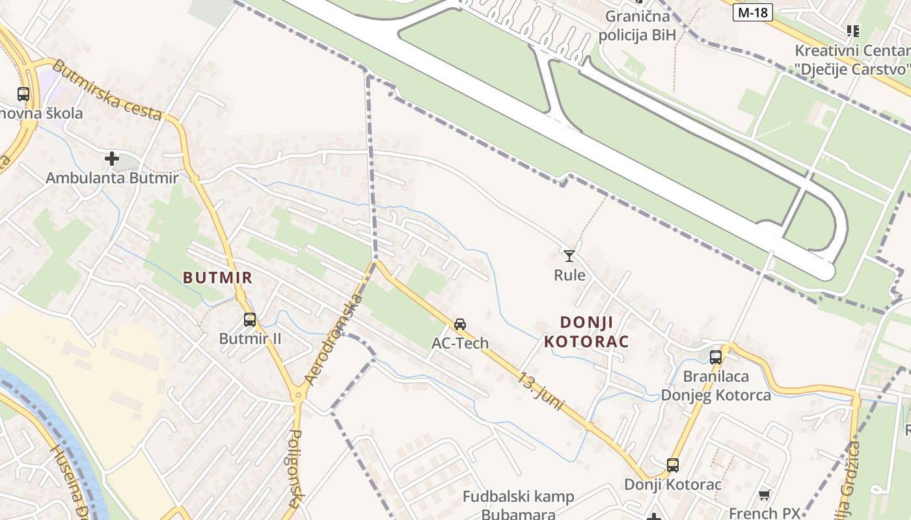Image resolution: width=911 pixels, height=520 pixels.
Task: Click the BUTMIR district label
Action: tap(217, 278)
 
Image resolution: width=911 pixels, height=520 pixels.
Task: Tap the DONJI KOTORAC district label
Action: tap(586, 331)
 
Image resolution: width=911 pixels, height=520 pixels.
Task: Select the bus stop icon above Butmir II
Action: tap(250, 320)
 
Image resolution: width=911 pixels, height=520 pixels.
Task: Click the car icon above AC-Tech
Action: tap(460, 324)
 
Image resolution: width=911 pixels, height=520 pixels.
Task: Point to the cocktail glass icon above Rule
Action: tap(569, 255)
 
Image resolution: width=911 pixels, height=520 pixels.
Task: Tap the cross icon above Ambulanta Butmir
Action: tap(112, 158)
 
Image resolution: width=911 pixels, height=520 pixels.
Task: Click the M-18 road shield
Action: tap(753, 12)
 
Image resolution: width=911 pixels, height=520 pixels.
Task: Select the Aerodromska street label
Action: tap(333, 339)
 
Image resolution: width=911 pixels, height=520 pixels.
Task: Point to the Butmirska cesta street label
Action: tap(107, 90)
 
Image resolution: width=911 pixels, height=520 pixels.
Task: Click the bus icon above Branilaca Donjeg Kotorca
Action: tap(716, 357)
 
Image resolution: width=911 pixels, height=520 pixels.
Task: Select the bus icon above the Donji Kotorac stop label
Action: tap(673, 465)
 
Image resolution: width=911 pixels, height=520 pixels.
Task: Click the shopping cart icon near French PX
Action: tap(765, 495)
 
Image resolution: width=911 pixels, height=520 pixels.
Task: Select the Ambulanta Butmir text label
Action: tap(112, 177)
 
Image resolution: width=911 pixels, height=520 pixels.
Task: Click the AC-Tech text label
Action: tap(460, 343)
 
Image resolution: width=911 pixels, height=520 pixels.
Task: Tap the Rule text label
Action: tap(569, 275)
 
